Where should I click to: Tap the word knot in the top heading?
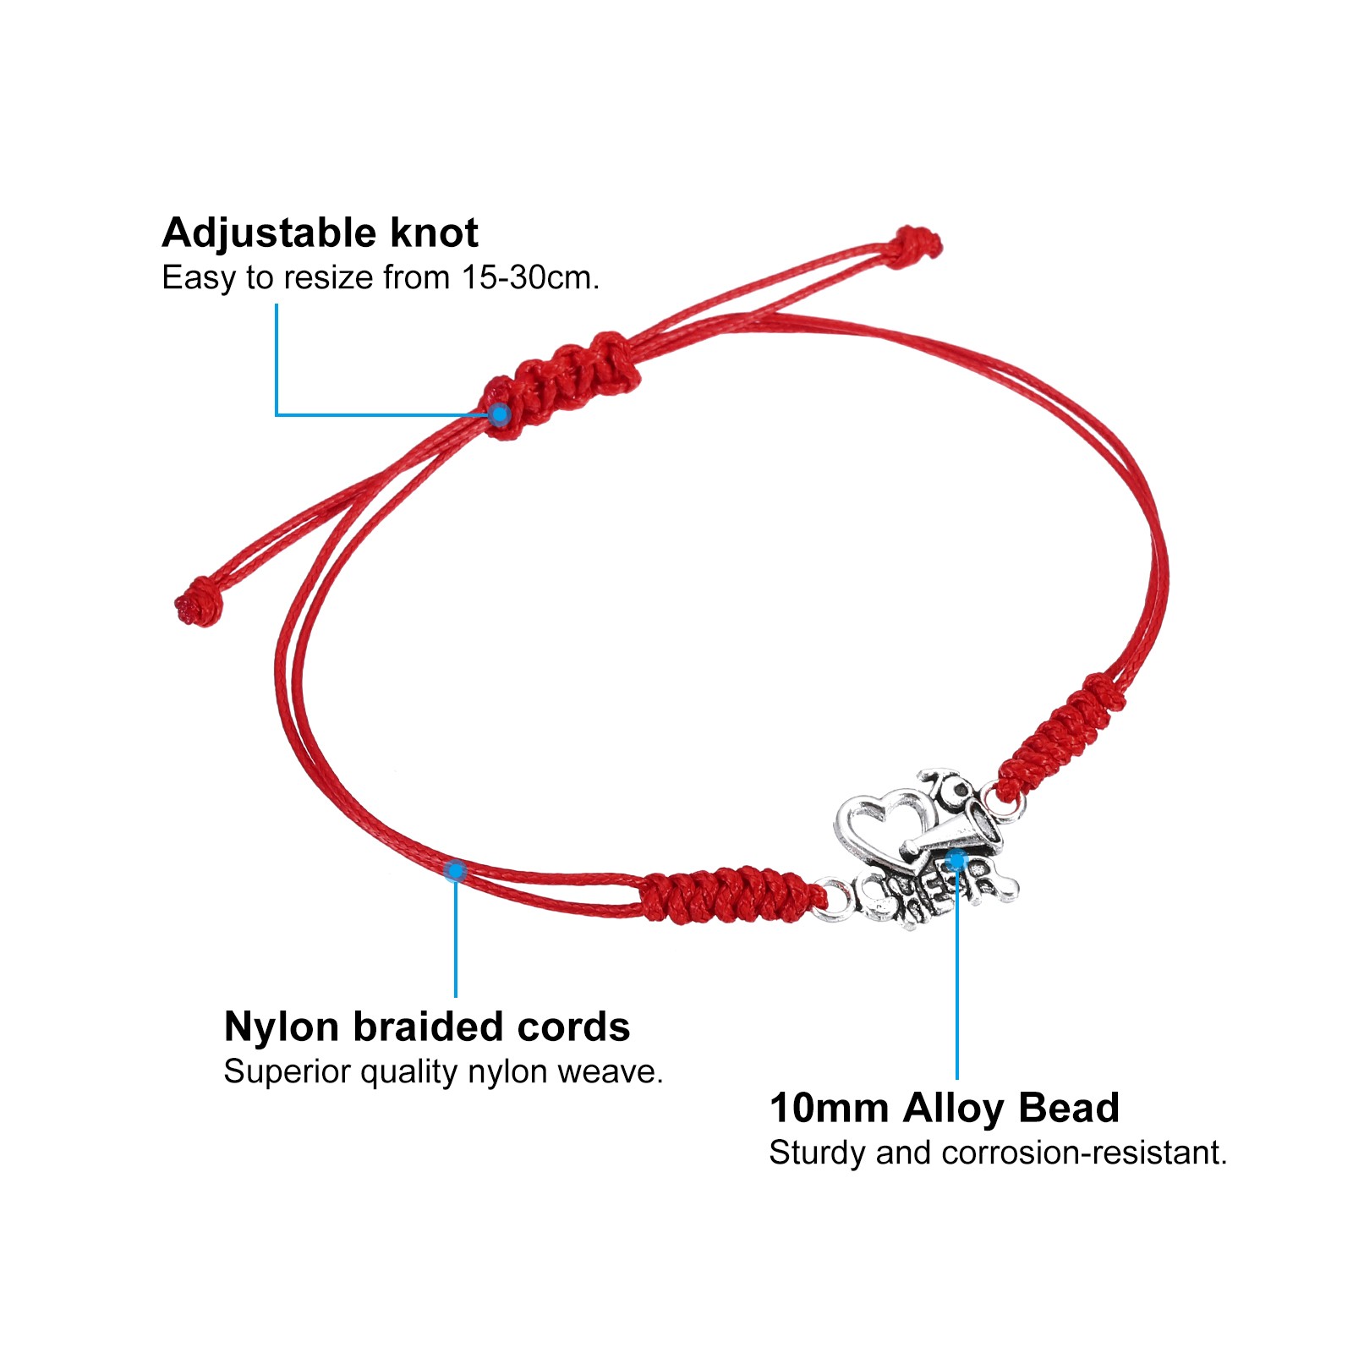pos(434,233)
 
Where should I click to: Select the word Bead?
pos(1068,1109)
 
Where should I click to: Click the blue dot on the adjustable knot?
pos(501,414)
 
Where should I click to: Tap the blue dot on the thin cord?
pos(456,870)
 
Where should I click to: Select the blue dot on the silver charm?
pos(956,861)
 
